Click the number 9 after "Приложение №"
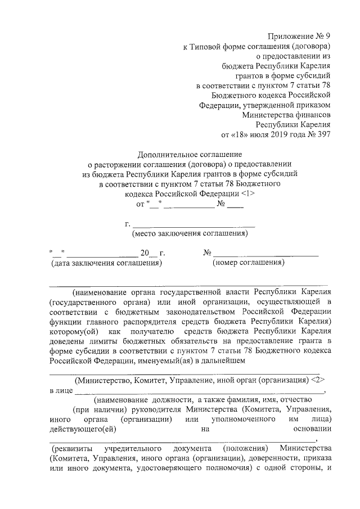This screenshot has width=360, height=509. [327, 37]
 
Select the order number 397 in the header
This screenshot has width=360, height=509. [323, 134]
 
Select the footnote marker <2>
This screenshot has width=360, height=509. [320, 380]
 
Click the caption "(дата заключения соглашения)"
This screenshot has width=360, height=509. [106, 262]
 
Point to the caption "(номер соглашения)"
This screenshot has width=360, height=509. [248, 262]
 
